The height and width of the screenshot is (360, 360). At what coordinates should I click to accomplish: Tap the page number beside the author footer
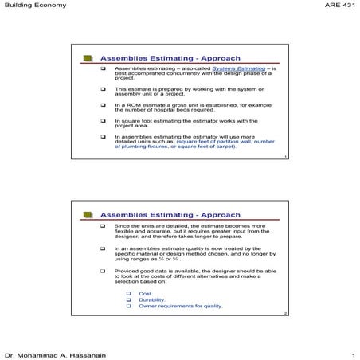(x=351, y=353)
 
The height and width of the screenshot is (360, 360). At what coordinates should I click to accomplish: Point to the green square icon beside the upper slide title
(x=87, y=59)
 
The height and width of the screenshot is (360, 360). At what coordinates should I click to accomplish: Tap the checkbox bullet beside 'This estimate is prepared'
(x=103, y=88)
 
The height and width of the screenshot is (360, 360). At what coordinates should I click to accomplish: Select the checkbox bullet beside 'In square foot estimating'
(x=103, y=121)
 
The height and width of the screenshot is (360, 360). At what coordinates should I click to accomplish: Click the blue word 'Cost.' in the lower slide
(x=145, y=294)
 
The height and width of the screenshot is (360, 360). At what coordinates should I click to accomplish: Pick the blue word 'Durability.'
(x=151, y=300)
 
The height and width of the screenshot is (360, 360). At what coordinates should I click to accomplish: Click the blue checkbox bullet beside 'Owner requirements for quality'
(x=130, y=307)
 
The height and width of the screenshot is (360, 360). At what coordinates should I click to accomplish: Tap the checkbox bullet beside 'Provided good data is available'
(x=103, y=272)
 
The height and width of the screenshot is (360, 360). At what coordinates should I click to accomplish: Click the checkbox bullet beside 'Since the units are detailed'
(x=103, y=227)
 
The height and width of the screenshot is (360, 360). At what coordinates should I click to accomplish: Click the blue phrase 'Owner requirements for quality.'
(x=181, y=307)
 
